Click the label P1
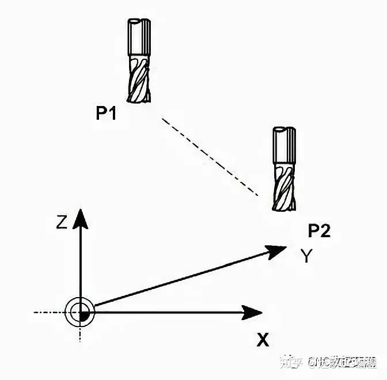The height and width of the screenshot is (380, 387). pyautogui.click(x=106, y=114)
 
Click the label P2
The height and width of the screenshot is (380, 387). pyautogui.click(x=319, y=231)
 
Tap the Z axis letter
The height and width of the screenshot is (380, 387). pyautogui.click(x=62, y=222)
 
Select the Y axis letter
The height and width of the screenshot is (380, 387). pyautogui.click(x=307, y=256)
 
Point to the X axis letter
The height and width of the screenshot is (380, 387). pyautogui.click(x=263, y=340)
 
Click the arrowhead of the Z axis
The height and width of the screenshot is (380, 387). pyautogui.click(x=80, y=218)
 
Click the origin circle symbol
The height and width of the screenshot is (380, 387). pyautogui.click(x=80, y=313)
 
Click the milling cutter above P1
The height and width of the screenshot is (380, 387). pyautogui.click(x=139, y=60)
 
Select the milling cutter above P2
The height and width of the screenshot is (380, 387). pyautogui.click(x=283, y=169)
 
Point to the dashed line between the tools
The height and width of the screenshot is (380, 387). pyautogui.click(x=210, y=157)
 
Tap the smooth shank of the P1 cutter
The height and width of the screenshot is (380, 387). pyautogui.click(x=139, y=37)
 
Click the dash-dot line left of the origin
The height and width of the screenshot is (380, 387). pyautogui.click(x=49, y=313)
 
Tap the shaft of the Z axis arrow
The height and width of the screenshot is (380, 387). pyautogui.click(x=80, y=259)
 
